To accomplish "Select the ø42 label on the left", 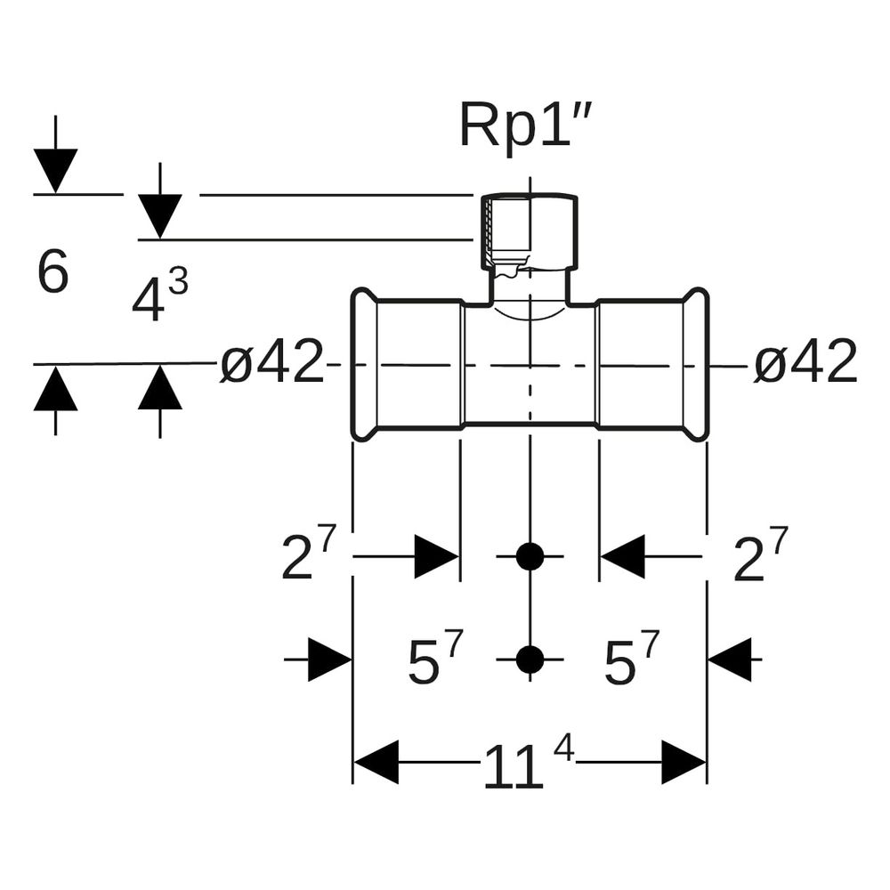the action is tap(271, 361).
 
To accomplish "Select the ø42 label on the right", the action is tap(805, 361).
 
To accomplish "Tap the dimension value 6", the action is tap(53, 271).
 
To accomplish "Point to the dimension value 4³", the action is tap(159, 295).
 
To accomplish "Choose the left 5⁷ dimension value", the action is tap(436, 659).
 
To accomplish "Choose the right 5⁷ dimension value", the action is tap(632, 659).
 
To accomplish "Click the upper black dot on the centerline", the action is tap(530, 556).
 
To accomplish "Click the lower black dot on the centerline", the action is tap(530, 659).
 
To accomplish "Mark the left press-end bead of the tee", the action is tap(364, 364).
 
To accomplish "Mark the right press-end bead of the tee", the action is tap(696, 364).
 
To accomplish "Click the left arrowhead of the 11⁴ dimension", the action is tap(376, 763).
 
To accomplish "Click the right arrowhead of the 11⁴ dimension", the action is tap(684, 763).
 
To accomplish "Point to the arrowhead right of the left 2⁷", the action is tap(436, 556).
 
